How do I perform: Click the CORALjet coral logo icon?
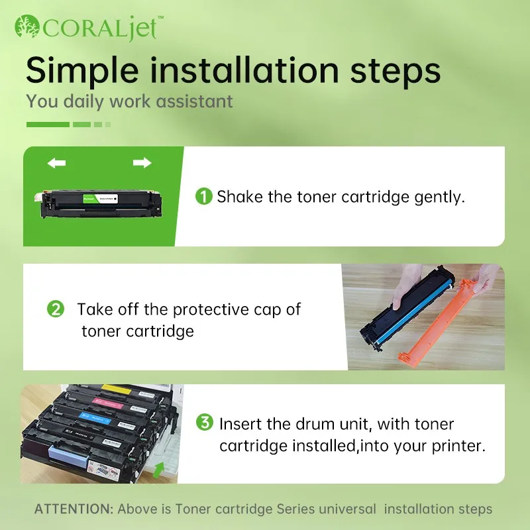27,26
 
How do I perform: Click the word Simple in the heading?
82,72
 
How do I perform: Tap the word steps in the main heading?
395,72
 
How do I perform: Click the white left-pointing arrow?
56,163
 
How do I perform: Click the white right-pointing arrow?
142,162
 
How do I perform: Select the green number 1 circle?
204,196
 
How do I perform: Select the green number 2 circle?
56,309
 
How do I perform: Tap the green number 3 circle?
205,422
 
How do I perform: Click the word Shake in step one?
240,197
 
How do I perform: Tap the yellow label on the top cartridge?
117,389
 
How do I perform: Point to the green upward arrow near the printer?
158,470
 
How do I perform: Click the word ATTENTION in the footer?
74,509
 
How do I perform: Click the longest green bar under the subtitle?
48,125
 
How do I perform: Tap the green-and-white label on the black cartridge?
100,198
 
